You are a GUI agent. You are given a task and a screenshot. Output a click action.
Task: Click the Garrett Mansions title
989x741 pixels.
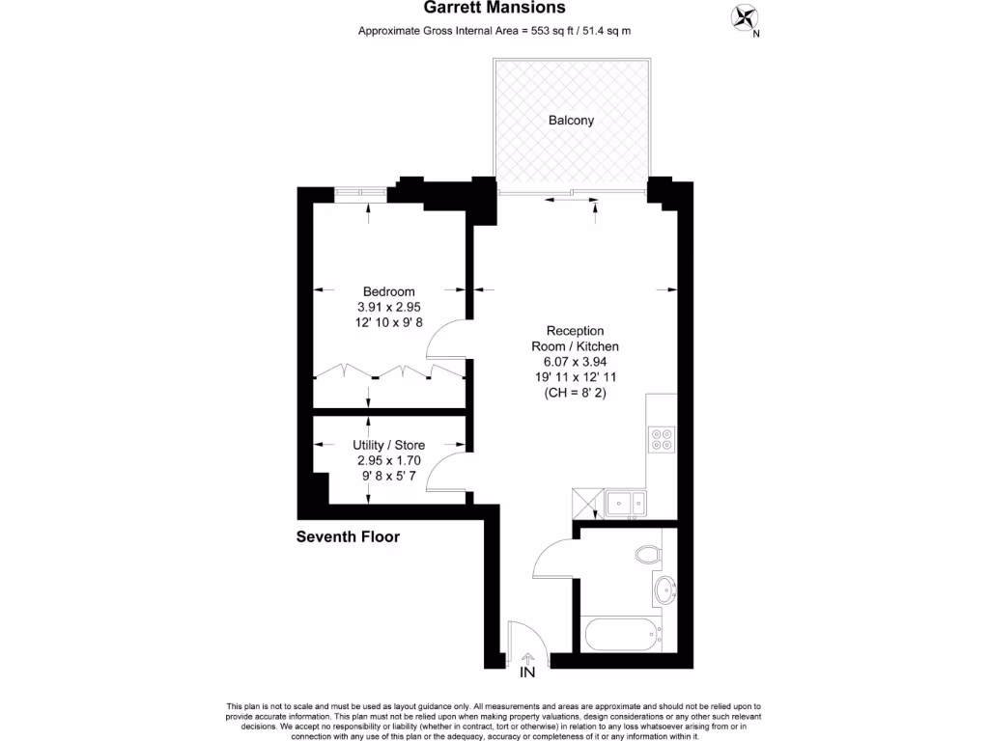point(494,8)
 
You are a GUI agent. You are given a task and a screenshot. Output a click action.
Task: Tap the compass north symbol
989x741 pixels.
point(746,17)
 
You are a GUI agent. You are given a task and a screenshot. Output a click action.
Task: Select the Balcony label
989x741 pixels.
point(571,121)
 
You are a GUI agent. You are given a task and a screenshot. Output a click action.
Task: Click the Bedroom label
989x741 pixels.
point(388,291)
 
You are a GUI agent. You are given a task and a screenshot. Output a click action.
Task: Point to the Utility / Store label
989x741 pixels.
point(388,445)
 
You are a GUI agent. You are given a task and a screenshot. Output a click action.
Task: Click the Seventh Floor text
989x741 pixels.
point(347,536)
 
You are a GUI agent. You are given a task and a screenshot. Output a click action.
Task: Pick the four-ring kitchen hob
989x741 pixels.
point(663,439)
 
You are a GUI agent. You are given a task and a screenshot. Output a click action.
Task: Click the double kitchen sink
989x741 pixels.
point(626,502)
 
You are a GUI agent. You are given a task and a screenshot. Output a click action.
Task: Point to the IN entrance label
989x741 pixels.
point(527,672)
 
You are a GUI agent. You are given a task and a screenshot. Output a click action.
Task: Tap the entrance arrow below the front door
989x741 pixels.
point(527,658)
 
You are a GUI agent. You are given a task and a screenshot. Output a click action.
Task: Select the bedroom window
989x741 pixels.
point(360,195)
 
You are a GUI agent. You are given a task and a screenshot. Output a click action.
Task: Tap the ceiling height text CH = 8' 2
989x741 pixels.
point(575,393)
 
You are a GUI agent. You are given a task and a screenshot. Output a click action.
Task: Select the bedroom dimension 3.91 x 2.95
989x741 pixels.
point(388,307)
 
